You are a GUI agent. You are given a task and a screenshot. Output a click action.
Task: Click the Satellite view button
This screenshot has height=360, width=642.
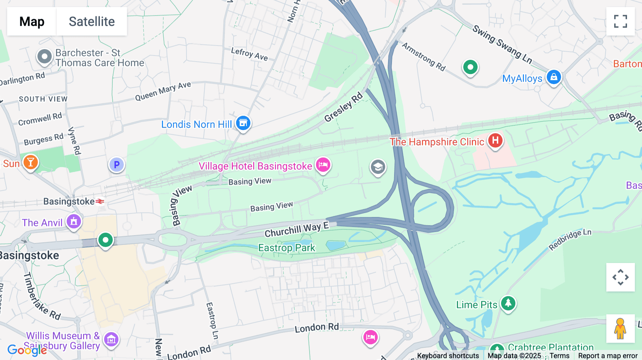point(92,21)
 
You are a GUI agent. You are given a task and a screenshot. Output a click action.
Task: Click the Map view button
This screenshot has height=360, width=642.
point(32,21)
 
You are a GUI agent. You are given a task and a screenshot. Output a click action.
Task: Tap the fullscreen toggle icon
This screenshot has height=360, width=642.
point(620,21)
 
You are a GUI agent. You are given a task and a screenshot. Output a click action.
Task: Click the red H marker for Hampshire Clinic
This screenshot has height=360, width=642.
point(495,140)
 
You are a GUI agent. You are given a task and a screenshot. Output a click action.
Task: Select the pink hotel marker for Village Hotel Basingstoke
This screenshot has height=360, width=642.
point(323,165)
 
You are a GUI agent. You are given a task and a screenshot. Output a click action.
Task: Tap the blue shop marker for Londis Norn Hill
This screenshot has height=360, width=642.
point(243,123)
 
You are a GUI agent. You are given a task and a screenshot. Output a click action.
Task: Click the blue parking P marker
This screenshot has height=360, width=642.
point(116,165)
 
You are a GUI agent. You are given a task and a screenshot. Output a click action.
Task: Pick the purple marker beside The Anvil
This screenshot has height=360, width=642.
point(74,221)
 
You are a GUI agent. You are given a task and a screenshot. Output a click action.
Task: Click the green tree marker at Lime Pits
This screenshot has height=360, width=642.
point(508,303)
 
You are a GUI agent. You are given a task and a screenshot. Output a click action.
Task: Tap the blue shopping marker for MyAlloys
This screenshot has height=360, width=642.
point(554,77)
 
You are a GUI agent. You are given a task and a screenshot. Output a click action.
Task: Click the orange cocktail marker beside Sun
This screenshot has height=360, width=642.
point(31,163)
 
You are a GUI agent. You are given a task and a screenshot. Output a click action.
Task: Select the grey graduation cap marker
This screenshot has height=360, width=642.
point(378,167)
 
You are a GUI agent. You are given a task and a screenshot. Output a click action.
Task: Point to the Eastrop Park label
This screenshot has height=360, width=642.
point(287,248)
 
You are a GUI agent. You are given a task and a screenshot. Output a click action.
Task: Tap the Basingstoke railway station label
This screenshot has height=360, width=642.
point(69,201)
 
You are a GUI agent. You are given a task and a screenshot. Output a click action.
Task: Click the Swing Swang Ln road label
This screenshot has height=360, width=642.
point(502,45)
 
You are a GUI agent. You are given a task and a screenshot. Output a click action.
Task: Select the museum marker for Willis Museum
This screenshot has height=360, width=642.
point(111,339)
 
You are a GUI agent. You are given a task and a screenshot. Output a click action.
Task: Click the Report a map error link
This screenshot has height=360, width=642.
point(608,356)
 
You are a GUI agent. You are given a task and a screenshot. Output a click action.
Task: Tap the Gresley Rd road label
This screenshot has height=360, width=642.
point(343,107)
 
